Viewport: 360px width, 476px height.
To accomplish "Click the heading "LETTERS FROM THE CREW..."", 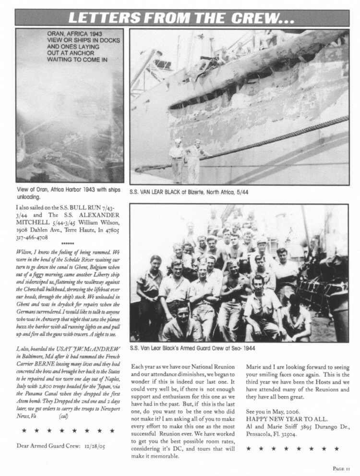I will (x=181, y=18).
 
